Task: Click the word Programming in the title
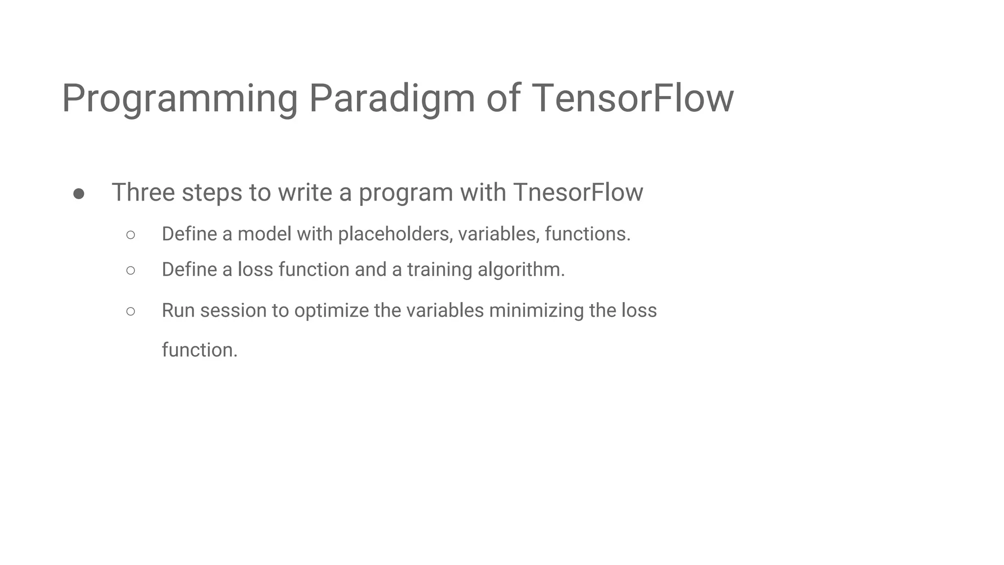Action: [x=179, y=99]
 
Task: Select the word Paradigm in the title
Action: [x=392, y=99]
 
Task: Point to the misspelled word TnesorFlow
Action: [x=578, y=192]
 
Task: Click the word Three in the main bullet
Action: [x=143, y=192]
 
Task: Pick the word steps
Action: [x=212, y=193]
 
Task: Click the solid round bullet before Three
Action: [x=78, y=194]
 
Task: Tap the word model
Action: [x=264, y=234]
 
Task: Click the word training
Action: [x=439, y=270]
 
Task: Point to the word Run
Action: [x=178, y=310]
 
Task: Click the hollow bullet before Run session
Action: [x=130, y=311]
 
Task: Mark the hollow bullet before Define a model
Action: [x=130, y=235]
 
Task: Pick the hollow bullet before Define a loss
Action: [x=130, y=270]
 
